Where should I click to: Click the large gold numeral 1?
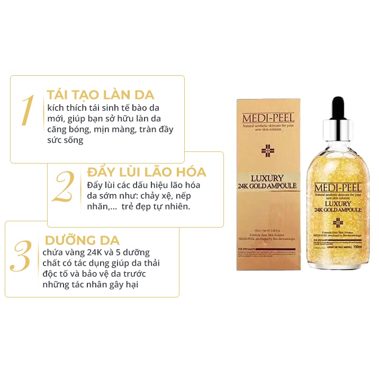(28, 111)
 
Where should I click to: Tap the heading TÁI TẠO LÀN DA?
(100, 95)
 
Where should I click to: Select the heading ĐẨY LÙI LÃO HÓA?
(146, 173)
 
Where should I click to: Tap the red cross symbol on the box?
(267, 151)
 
